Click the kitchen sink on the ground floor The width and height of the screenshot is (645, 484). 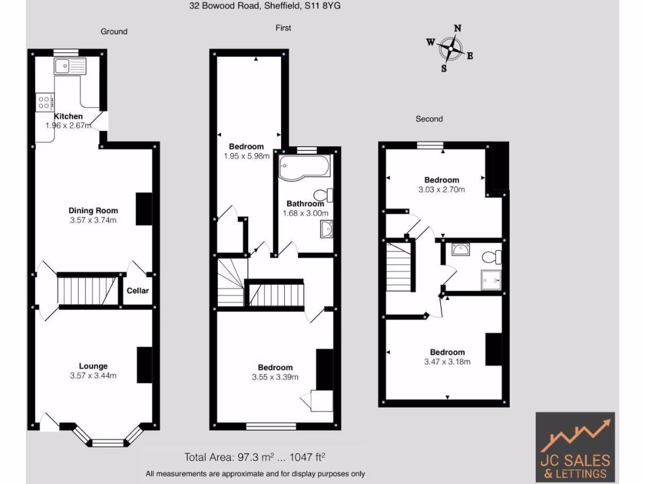[x=69, y=66]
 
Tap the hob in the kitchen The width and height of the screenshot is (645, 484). [x=45, y=101]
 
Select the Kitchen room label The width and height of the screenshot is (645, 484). [x=68, y=117]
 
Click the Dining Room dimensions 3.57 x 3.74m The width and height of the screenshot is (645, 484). [x=93, y=220]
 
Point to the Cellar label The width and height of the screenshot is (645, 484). [x=138, y=291]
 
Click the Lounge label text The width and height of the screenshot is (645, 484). [x=93, y=366]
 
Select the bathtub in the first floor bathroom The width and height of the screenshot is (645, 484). [x=304, y=167]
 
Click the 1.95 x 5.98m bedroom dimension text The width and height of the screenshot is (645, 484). [x=246, y=156]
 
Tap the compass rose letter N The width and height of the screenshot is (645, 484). [x=458, y=28]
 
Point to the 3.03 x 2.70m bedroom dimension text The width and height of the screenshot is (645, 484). [x=442, y=189]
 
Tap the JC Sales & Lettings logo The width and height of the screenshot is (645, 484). [x=575, y=446]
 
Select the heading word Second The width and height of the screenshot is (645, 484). [x=429, y=118]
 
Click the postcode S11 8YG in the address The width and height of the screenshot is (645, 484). [x=328, y=6]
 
